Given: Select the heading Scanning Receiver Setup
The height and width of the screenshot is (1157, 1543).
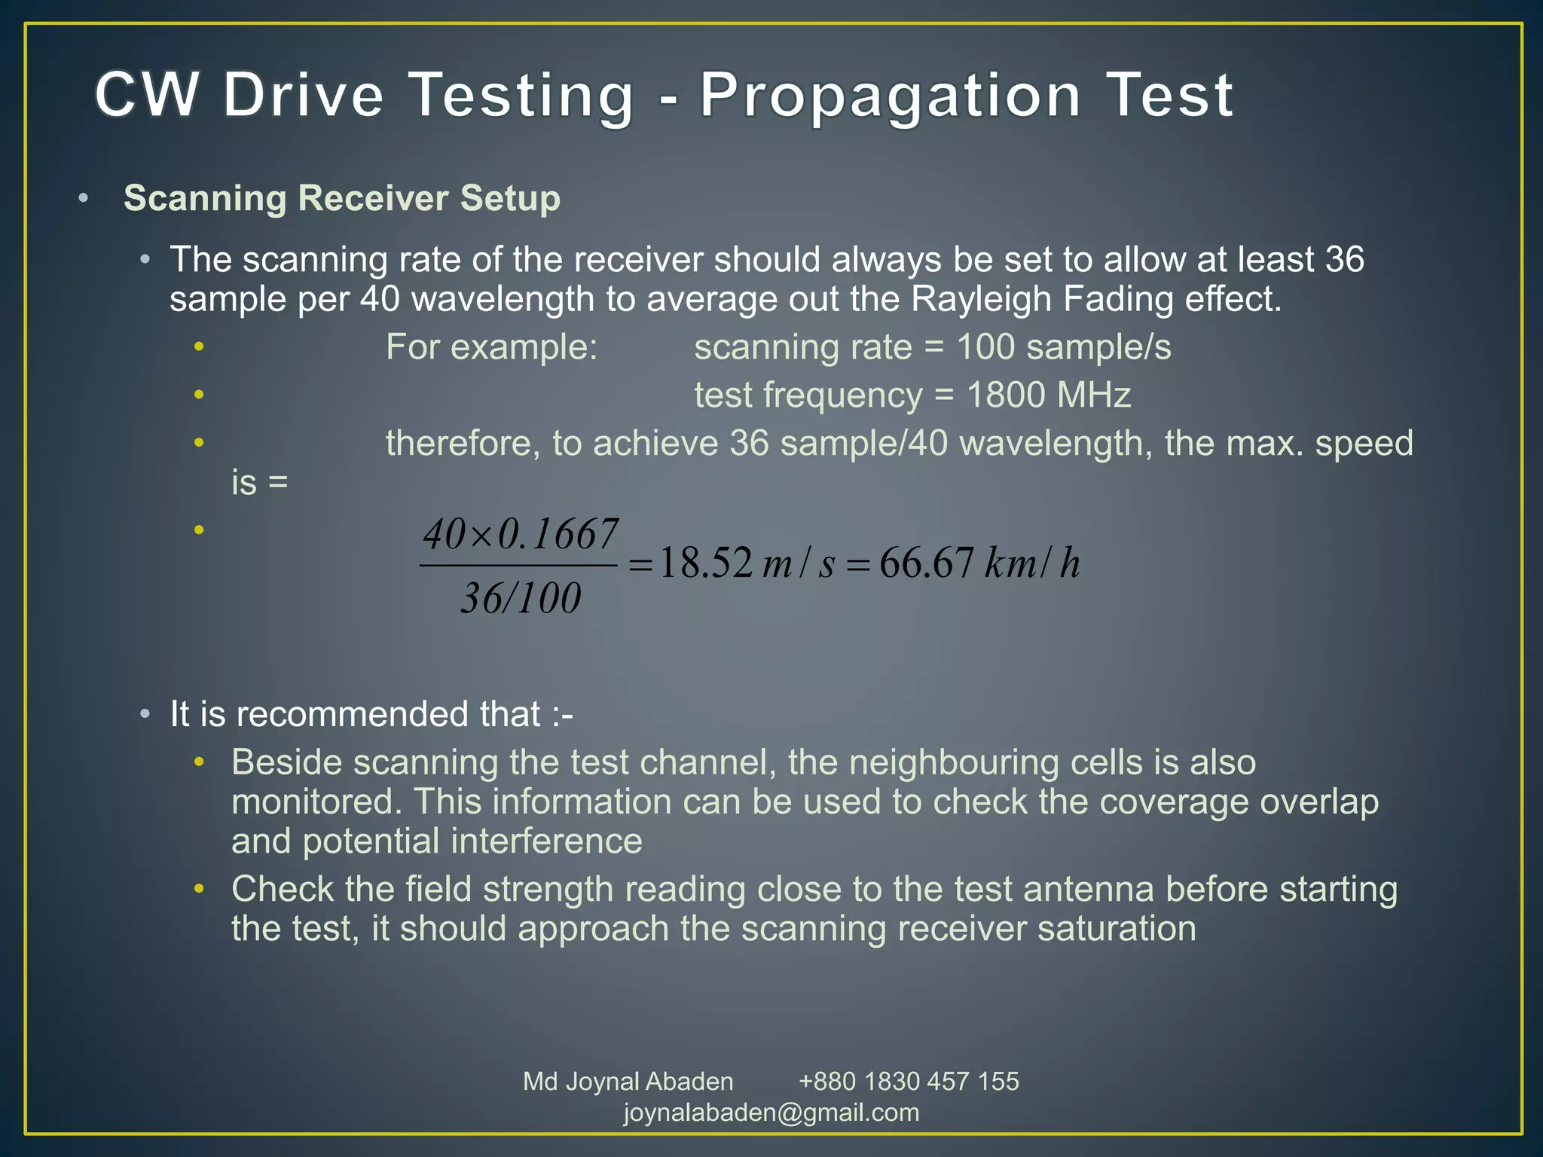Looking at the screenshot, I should click(x=342, y=198).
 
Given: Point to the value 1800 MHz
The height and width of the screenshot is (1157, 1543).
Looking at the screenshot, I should click(x=1048, y=395).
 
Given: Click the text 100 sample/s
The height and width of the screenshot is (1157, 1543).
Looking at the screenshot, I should click(x=1064, y=347).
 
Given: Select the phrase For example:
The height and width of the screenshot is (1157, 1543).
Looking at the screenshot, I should click(x=491, y=347).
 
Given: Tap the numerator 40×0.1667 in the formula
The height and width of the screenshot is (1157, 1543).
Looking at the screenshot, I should click(x=521, y=534).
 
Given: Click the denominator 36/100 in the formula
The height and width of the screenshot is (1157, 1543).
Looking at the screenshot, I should click(x=521, y=598).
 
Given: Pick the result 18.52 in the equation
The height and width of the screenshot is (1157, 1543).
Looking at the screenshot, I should click(x=706, y=563).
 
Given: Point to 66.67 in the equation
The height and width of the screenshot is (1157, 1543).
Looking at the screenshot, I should click(x=926, y=563).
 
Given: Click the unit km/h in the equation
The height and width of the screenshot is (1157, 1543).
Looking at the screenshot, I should click(x=1032, y=563).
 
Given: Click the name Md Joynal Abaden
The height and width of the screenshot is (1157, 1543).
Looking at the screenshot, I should click(x=628, y=1082).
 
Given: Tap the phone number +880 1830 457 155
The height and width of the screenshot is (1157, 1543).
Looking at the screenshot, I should click(x=909, y=1082).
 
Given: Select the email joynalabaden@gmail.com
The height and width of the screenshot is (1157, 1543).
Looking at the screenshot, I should click(x=771, y=1113).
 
